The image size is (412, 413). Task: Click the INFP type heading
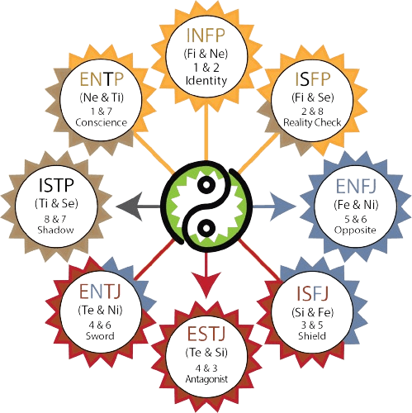pyautogui.click(x=206, y=35)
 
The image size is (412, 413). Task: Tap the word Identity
pyautogui.click(x=206, y=81)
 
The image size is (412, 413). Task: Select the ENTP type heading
pyautogui.click(x=102, y=79)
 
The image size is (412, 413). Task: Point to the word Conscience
pyautogui.click(x=102, y=122)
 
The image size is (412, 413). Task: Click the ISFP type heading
pyautogui.click(x=313, y=79)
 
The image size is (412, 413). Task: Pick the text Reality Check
pyautogui.click(x=312, y=122)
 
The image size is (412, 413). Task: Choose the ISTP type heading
pyautogui.click(x=56, y=185)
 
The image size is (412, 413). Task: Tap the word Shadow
pyautogui.click(x=56, y=230)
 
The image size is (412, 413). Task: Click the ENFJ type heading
pyautogui.click(x=356, y=187)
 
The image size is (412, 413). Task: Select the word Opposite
pyautogui.click(x=355, y=230)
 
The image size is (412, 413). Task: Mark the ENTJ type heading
pyautogui.click(x=100, y=292)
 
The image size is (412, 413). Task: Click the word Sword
pyautogui.click(x=100, y=336)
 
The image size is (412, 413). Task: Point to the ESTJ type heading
pyautogui.click(x=206, y=334)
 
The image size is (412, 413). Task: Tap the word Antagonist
pyautogui.click(x=206, y=379)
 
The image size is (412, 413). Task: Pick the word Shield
pyautogui.click(x=312, y=336)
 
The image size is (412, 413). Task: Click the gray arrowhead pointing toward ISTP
pyautogui.click(x=130, y=206)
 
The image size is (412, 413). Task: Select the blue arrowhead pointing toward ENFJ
pyautogui.click(x=282, y=206)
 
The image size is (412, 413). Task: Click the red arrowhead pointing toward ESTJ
pyautogui.click(x=206, y=285)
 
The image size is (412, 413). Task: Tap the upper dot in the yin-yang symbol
pyautogui.click(x=206, y=184)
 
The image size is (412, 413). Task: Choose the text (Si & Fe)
pyautogui.click(x=313, y=312)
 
